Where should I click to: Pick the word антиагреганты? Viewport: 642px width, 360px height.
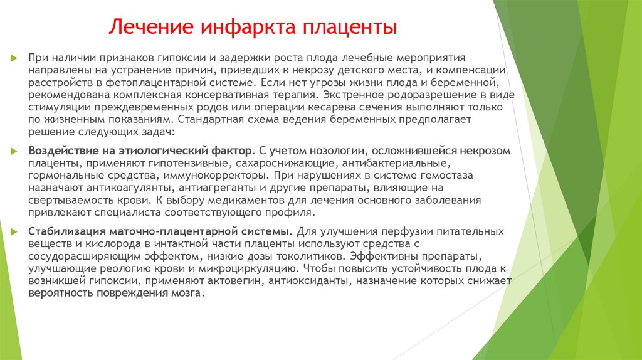click(218, 187)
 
